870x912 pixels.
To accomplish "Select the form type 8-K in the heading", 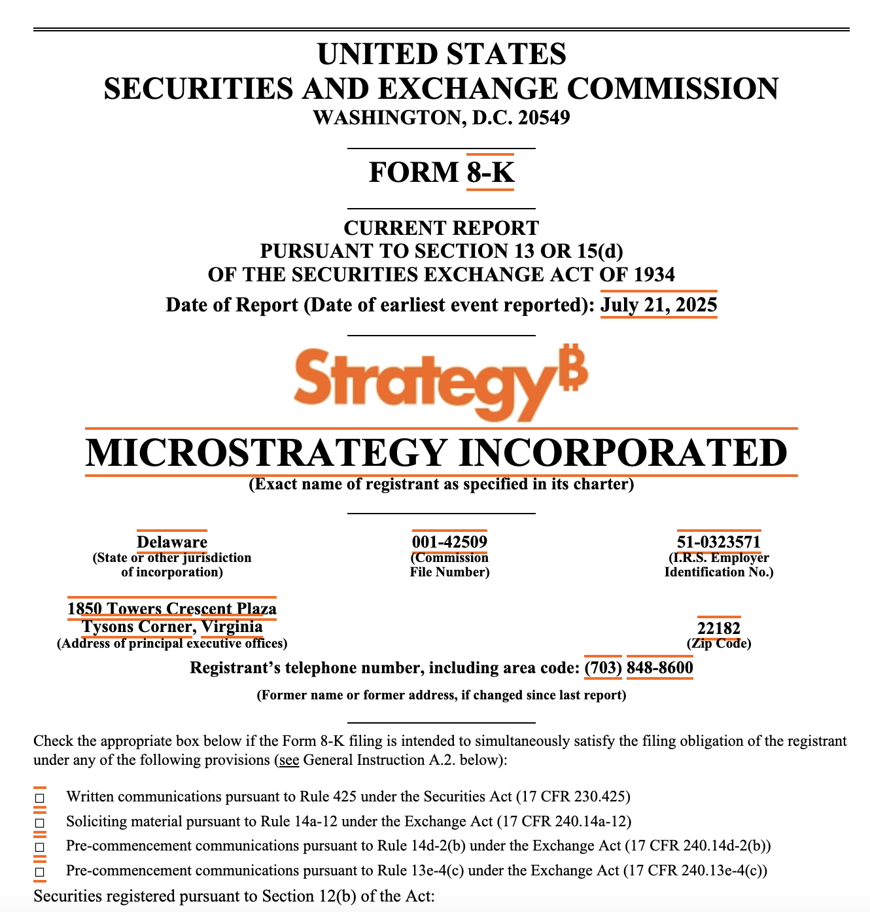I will click(490, 172).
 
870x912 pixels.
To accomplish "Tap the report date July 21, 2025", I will click(659, 305).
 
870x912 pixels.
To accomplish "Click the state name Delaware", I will click(172, 542).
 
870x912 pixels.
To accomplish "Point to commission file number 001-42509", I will click(449, 542).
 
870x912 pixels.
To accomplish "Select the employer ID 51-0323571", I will click(719, 542).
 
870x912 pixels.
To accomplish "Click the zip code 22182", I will click(719, 629).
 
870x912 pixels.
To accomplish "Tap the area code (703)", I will click(603, 668).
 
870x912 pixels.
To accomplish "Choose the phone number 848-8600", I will click(660, 668).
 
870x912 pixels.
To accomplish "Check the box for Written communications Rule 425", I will click(40, 798).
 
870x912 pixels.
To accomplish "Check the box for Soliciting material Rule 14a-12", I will click(40, 822).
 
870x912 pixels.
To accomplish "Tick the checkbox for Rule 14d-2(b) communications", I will click(40, 847).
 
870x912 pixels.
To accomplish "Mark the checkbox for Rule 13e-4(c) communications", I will click(40, 872).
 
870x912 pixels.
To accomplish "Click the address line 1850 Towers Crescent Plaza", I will click(172, 609).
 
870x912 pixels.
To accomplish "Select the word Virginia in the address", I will click(232, 627).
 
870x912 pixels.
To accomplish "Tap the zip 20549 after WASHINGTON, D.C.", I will click(544, 118).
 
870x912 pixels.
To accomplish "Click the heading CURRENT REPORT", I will click(442, 228).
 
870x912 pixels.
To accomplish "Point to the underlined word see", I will click(289, 760).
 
